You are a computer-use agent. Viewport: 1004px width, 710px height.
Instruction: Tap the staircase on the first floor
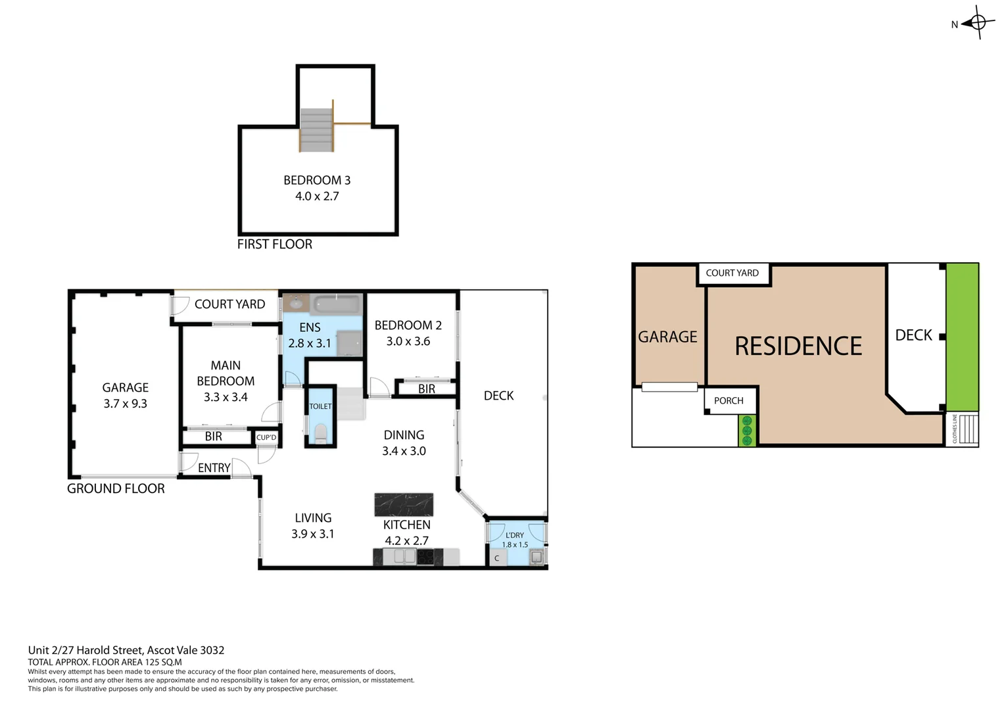[x=316, y=130]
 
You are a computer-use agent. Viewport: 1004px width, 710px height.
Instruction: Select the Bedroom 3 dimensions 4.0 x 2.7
[x=317, y=196]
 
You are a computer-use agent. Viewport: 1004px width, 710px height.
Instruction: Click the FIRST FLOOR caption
[x=274, y=244]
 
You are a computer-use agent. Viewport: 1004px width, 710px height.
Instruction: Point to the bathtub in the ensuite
[x=337, y=304]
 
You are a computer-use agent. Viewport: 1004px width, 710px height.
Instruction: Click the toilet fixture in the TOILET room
[x=320, y=433]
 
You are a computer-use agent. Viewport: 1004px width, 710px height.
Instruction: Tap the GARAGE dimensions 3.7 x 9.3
[x=125, y=404]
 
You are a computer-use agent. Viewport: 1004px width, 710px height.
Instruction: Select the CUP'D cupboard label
[x=266, y=437]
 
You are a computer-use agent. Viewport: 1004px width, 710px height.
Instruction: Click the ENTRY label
[x=214, y=467]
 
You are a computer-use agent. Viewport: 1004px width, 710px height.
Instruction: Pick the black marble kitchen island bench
[x=404, y=504]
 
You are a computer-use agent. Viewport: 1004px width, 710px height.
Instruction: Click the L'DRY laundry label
[x=515, y=535]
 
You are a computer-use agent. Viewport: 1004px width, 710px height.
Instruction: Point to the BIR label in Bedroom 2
[x=427, y=389]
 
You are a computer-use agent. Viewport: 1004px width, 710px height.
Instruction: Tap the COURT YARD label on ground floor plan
[x=229, y=304]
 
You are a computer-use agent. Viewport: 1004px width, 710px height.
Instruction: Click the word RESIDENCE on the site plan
[x=798, y=346]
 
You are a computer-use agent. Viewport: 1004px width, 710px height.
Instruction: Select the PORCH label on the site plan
[x=729, y=400]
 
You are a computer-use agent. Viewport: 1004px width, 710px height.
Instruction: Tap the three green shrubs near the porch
[x=746, y=431]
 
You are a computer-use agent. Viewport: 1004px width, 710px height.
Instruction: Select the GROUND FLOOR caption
[x=116, y=488]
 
